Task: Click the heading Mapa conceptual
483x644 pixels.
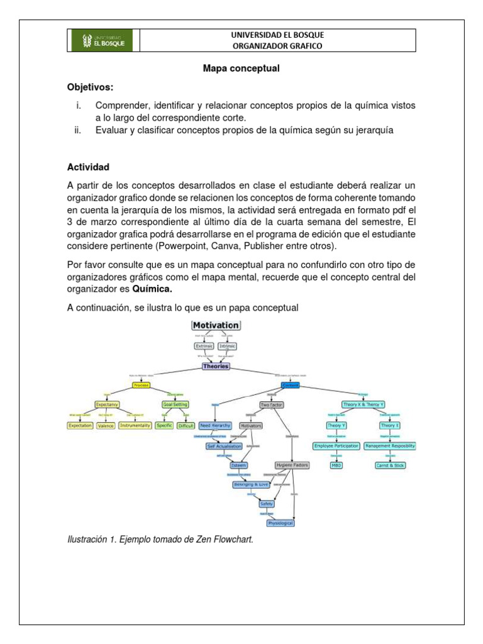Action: (x=241, y=69)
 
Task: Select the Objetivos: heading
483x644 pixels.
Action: (x=91, y=87)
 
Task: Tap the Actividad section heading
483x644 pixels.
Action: (x=88, y=167)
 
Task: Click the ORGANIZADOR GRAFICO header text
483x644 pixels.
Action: (x=277, y=46)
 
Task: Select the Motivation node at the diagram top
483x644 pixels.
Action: (x=216, y=325)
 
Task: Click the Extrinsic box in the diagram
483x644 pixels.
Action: (x=204, y=346)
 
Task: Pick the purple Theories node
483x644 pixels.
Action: (x=216, y=366)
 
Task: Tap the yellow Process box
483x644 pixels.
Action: (x=141, y=385)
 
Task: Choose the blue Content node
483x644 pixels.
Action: (x=291, y=385)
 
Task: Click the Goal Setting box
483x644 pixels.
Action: (x=175, y=404)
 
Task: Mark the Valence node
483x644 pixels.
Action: (x=106, y=426)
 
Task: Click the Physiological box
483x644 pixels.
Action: (x=280, y=523)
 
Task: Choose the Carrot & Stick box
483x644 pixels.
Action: (x=390, y=465)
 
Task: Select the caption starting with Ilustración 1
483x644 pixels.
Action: (x=160, y=539)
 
